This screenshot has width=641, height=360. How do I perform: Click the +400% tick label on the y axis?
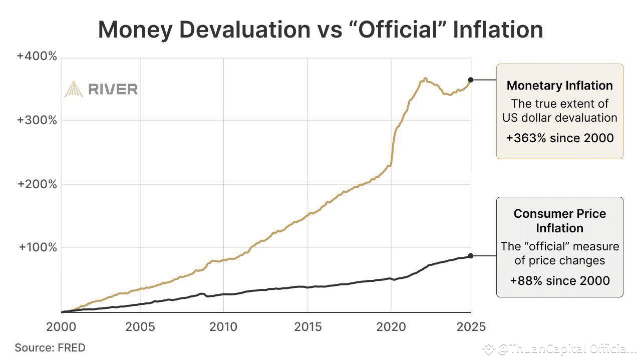37,56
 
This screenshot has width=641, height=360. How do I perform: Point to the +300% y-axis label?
37,120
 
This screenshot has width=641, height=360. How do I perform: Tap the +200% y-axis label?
37,184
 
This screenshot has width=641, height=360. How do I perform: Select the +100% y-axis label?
37,247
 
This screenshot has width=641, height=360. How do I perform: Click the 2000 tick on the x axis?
61,327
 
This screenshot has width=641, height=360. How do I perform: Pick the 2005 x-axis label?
140,327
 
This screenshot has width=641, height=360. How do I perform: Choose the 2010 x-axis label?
223,327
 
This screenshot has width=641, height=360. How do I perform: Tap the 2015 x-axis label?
307,327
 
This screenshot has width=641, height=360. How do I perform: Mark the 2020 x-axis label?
391,327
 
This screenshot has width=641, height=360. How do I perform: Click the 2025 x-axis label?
471,327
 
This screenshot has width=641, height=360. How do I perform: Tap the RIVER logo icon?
73,89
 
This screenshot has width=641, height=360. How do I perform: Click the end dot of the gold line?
471,80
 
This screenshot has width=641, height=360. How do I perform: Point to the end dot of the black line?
471,256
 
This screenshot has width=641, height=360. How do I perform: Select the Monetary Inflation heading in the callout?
559,86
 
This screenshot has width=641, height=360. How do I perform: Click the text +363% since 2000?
559,138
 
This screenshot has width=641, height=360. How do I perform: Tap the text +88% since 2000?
559,280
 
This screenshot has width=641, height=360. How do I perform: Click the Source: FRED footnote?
50,347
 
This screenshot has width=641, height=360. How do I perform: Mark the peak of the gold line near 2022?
425,78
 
